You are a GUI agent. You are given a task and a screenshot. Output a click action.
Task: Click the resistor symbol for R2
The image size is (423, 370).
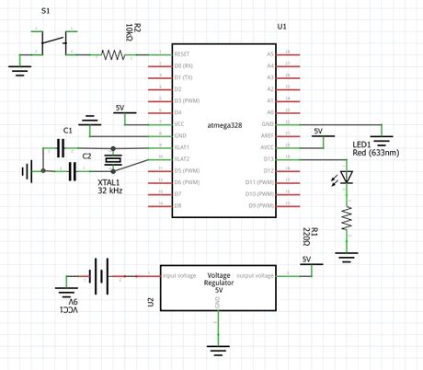[x=113, y=55]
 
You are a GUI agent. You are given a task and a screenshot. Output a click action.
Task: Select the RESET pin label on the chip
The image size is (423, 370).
[x=181, y=55]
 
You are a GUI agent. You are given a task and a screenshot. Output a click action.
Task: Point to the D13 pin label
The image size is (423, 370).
[x=269, y=159]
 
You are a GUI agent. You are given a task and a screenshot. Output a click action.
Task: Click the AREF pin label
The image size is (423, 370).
[x=269, y=135]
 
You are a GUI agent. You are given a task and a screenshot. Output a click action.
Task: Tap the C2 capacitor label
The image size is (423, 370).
[x=86, y=156]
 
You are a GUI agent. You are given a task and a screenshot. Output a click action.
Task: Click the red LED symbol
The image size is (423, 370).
[x=347, y=179]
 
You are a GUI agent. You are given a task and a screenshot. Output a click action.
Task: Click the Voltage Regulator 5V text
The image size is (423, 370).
[x=219, y=283]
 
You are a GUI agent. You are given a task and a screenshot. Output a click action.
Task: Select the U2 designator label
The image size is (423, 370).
[x=150, y=302]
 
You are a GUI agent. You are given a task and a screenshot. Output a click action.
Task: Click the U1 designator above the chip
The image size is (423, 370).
[x=282, y=28]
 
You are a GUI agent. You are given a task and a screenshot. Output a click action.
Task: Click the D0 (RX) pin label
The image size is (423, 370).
[x=183, y=66]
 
